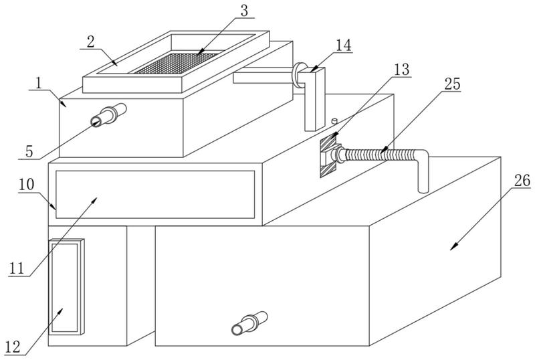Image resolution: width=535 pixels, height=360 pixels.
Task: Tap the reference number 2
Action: (90, 41)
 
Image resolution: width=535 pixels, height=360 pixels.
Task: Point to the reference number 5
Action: (29, 151)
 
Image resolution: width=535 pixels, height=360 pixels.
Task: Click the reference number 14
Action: (343, 46)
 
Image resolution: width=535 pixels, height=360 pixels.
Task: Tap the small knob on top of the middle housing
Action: (334, 122)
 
